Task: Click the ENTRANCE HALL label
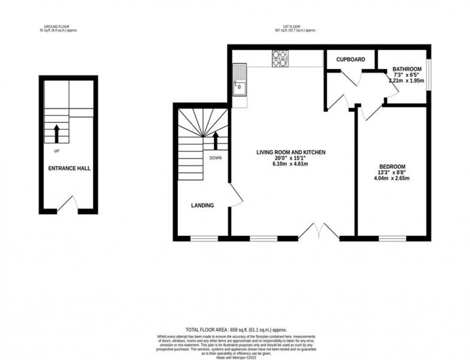(69, 168)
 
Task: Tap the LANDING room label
(202, 205)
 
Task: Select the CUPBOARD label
(350, 60)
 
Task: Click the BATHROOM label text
(407, 69)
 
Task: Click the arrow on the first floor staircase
(215, 140)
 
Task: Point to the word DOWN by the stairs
(215, 157)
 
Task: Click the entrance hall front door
(68, 205)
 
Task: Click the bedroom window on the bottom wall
(392, 238)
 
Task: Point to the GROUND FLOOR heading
(58, 26)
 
